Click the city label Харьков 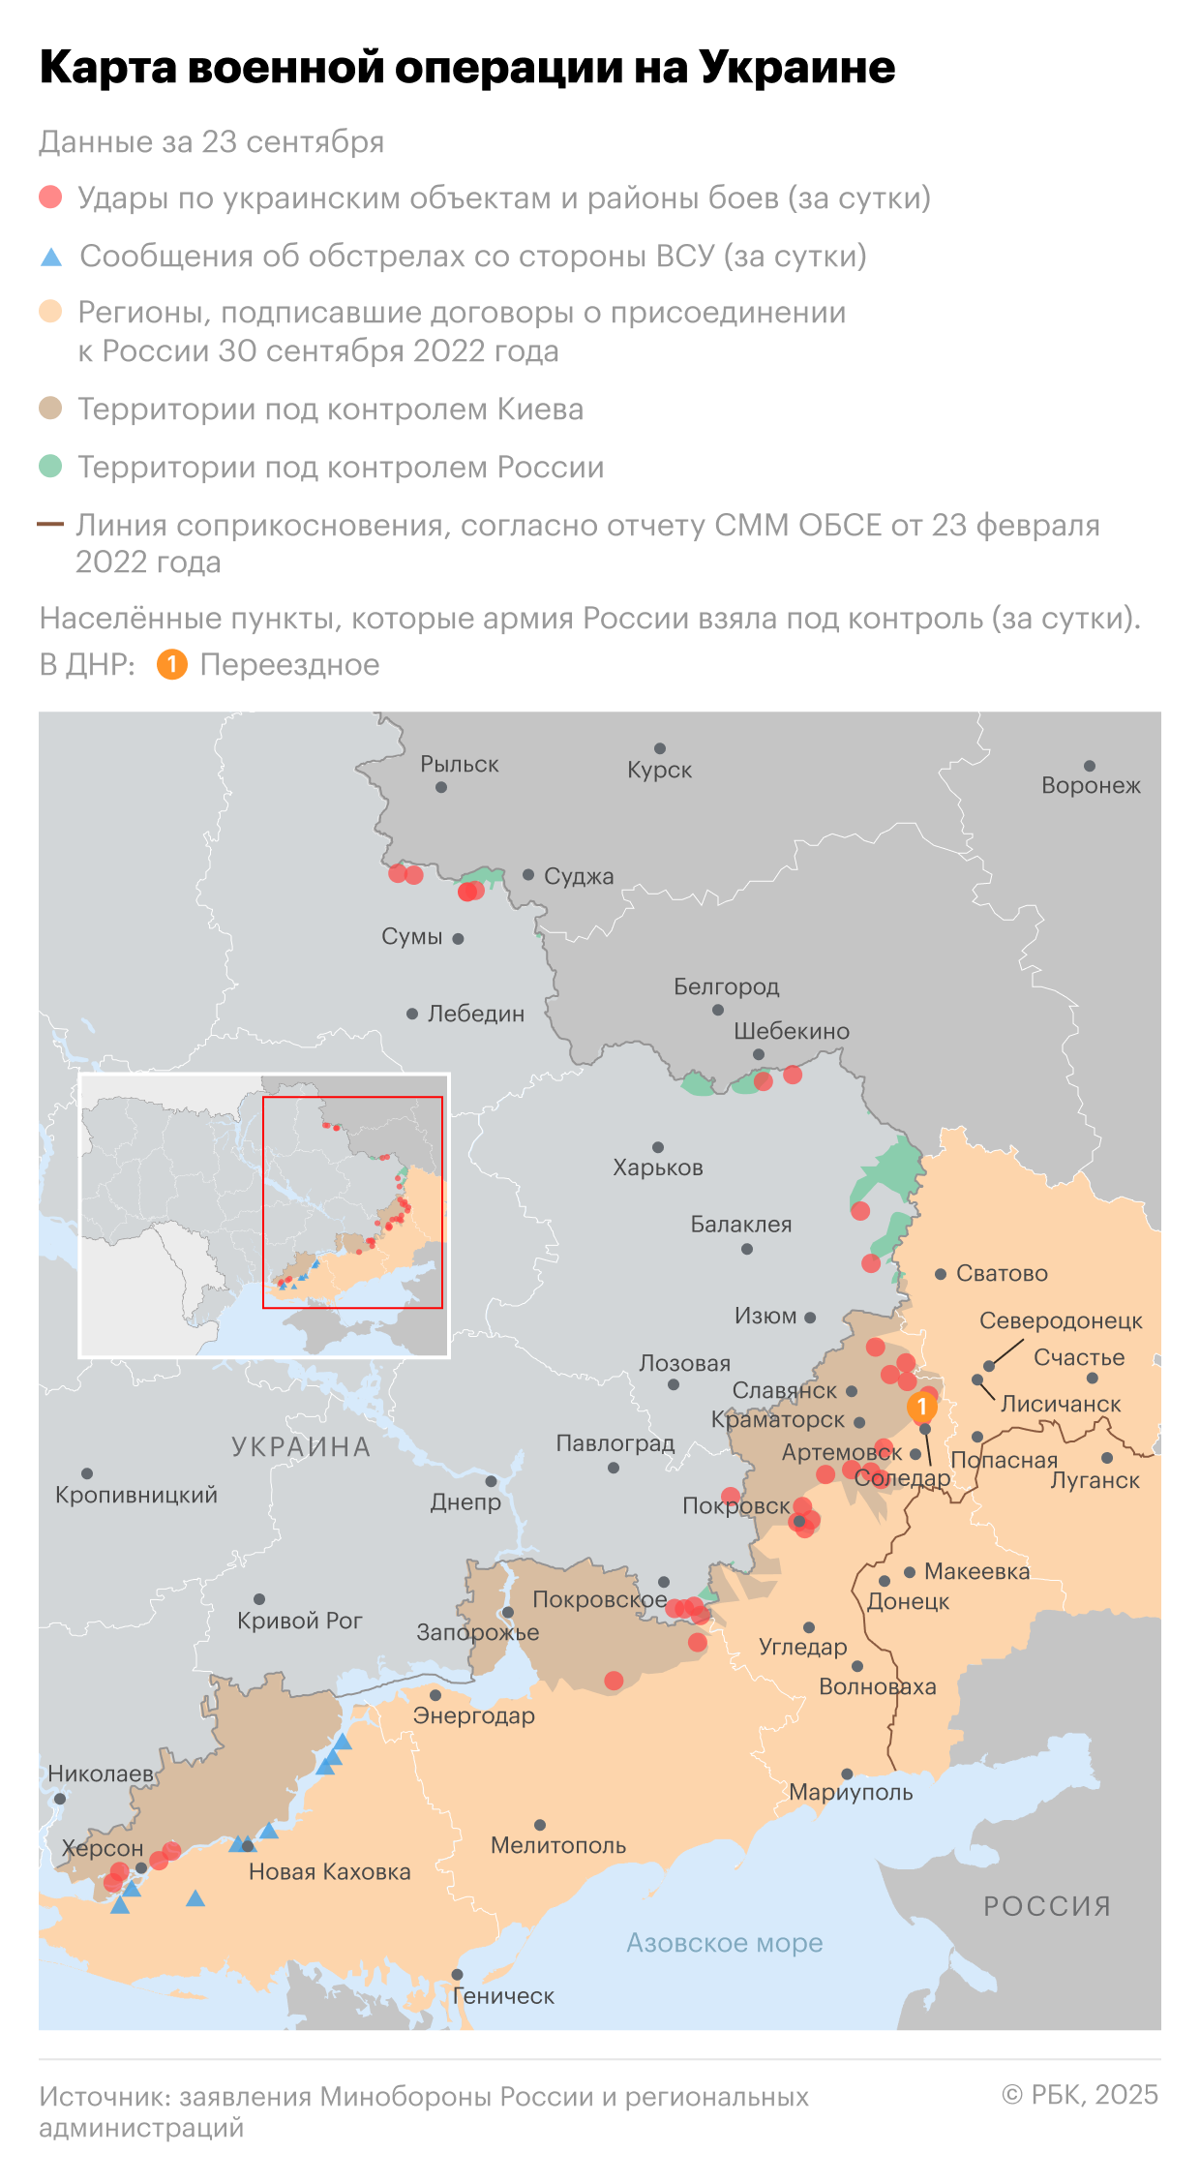click(x=657, y=1167)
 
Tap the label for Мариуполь click(x=851, y=1792)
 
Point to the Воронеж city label click(x=1091, y=786)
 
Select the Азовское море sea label click(x=724, y=1943)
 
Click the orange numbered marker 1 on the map click(x=922, y=1407)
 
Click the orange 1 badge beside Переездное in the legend click(x=171, y=665)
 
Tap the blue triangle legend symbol click(x=51, y=258)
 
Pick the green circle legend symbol click(x=50, y=467)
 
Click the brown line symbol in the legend click(x=50, y=525)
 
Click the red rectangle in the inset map click(x=352, y=1202)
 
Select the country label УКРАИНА click(x=301, y=1447)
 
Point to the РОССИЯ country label click(x=1047, y=1906)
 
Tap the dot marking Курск click(x=660, y=748)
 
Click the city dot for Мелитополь click(x=540, y=1825)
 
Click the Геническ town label click(x=503, y=1996)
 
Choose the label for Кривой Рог click(x=299, y=1621)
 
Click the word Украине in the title click(x=796, y=68)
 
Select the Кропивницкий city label click(x=136, y=1495)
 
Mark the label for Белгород click(x=726, y=986)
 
